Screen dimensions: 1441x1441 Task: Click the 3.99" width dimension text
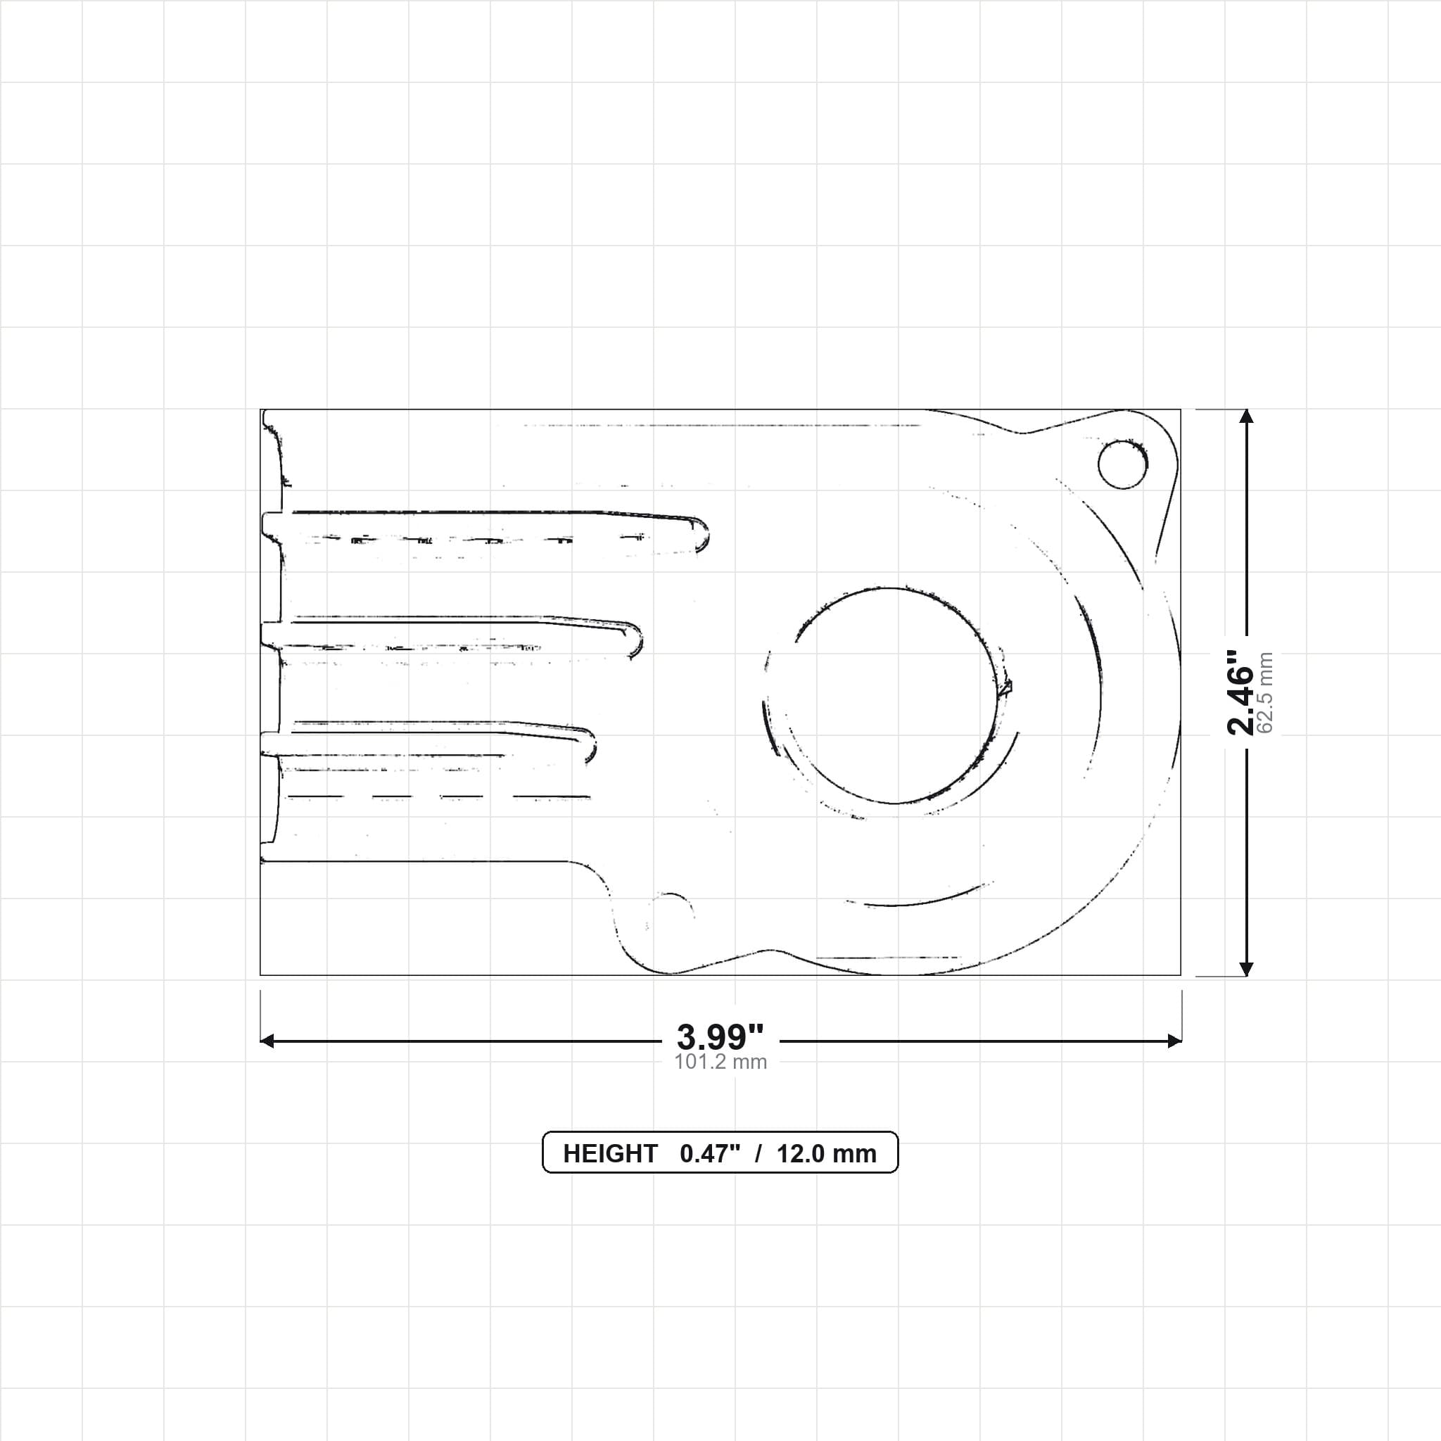pos(720,1036)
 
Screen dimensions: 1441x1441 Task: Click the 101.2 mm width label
pos(720,1061)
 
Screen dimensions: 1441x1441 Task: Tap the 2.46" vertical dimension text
pos(1241,692)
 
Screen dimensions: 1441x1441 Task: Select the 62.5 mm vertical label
pos(1265,693)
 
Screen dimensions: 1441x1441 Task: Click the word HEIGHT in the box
pos(610,1154)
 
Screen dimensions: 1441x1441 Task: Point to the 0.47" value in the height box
pos(710,1154)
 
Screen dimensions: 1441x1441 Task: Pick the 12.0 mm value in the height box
pos(827,1154)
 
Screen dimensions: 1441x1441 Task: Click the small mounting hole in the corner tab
pos(1122,464)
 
